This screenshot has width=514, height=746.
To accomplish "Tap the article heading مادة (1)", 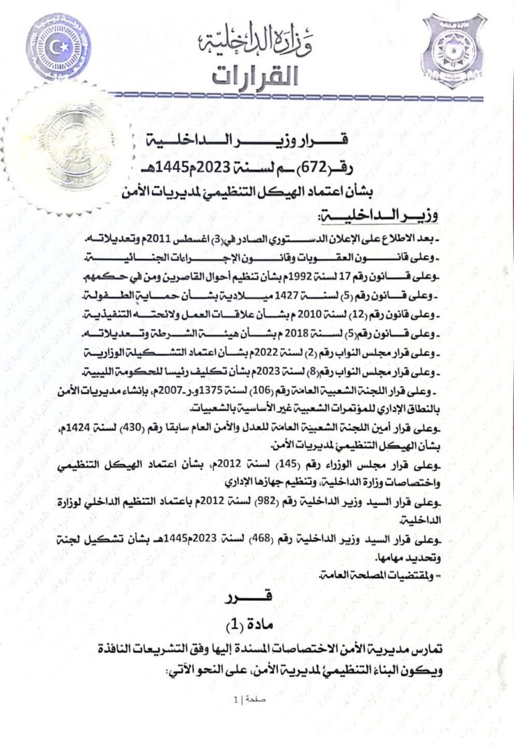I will pos(257,625).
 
